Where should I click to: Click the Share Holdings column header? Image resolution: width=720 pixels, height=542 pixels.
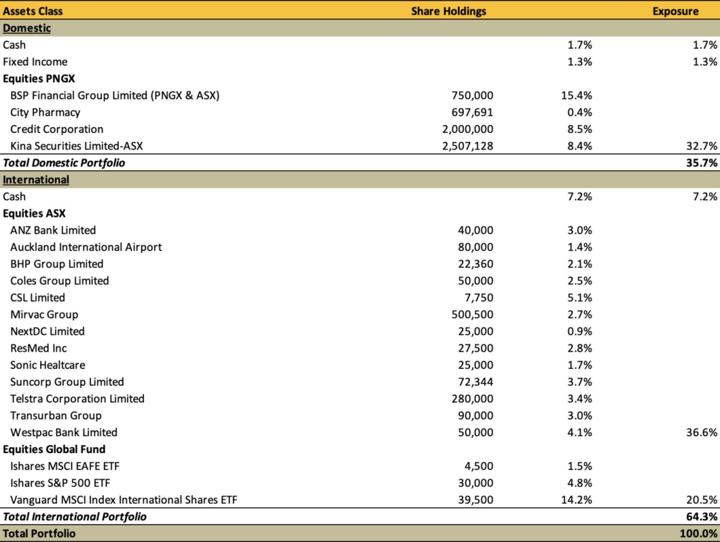tap(448, 11)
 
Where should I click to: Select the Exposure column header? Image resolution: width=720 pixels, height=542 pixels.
tap(675, 11)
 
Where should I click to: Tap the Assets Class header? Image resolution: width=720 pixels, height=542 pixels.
tap(32, 11)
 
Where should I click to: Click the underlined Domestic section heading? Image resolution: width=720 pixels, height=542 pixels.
tap(27, 28)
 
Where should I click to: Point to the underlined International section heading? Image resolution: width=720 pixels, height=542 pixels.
tap(36, 180)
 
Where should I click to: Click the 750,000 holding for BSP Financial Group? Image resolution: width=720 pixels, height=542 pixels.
tap(472, 96)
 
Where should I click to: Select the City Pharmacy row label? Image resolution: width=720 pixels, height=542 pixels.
tap(45, 112)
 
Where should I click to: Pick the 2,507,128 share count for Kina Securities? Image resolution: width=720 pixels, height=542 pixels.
tap(467, 146)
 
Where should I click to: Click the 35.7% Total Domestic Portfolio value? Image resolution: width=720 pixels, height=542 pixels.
tap(702, 163)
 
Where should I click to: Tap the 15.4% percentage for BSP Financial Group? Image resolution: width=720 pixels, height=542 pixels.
tap(577, 96)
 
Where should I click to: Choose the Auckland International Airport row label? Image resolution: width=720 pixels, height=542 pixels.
tap(86, 247)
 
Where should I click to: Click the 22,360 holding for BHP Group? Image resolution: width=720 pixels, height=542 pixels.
tap(475, 264)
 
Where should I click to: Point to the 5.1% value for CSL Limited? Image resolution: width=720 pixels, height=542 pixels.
tap(580, 298)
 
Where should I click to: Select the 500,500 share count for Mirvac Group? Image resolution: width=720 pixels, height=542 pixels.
tap(472, 314)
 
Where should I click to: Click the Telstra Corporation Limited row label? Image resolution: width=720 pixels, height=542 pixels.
tap(77, 398)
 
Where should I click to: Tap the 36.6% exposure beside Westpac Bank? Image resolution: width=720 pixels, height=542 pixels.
tap(702, 432)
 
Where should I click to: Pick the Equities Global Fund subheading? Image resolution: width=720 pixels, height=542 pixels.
tap(54, 449)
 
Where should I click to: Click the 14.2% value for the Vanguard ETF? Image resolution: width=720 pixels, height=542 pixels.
tap(577, 500)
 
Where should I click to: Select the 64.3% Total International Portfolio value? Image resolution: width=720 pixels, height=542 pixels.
tap(702, 517)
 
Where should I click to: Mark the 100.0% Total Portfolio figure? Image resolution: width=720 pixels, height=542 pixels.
tap(698, 533)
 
